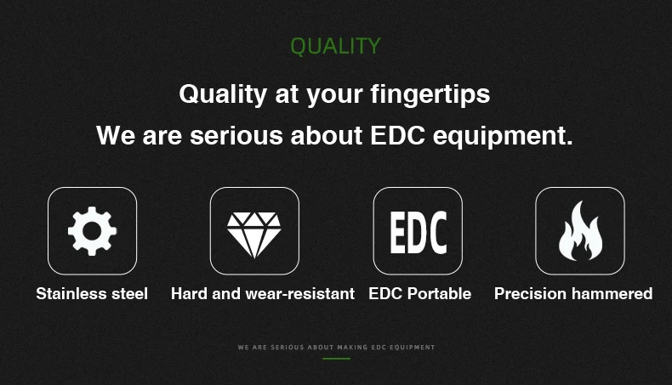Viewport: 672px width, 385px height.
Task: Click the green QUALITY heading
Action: [335, 46]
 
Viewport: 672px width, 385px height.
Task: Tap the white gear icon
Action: [92, 231]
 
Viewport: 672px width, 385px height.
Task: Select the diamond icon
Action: [254, 235]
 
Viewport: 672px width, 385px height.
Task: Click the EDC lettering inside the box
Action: [419, 233]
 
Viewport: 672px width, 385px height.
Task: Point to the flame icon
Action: [580, 231]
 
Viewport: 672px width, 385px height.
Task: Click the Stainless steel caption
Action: [92, 294]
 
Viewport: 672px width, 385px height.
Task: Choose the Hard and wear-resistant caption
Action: [263, 294]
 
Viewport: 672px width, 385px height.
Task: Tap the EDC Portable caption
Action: [420, 294]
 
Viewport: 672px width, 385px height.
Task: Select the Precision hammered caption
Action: [573, 294]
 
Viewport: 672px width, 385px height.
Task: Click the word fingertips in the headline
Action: [430, 94]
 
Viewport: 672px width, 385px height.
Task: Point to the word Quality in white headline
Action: [223, 94]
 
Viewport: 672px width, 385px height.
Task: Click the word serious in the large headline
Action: [236, 135]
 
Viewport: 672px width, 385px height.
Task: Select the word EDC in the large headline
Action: [398, 135]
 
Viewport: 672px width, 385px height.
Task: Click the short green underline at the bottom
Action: [337, 359]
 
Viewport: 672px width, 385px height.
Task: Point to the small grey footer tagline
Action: [337, 348]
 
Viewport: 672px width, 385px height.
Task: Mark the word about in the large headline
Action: [327, 135]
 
